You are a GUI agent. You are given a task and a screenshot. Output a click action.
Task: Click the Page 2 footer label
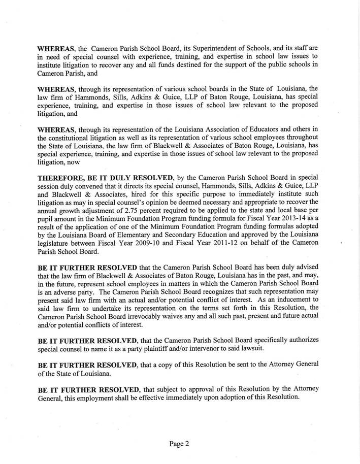(x=179, y=444)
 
